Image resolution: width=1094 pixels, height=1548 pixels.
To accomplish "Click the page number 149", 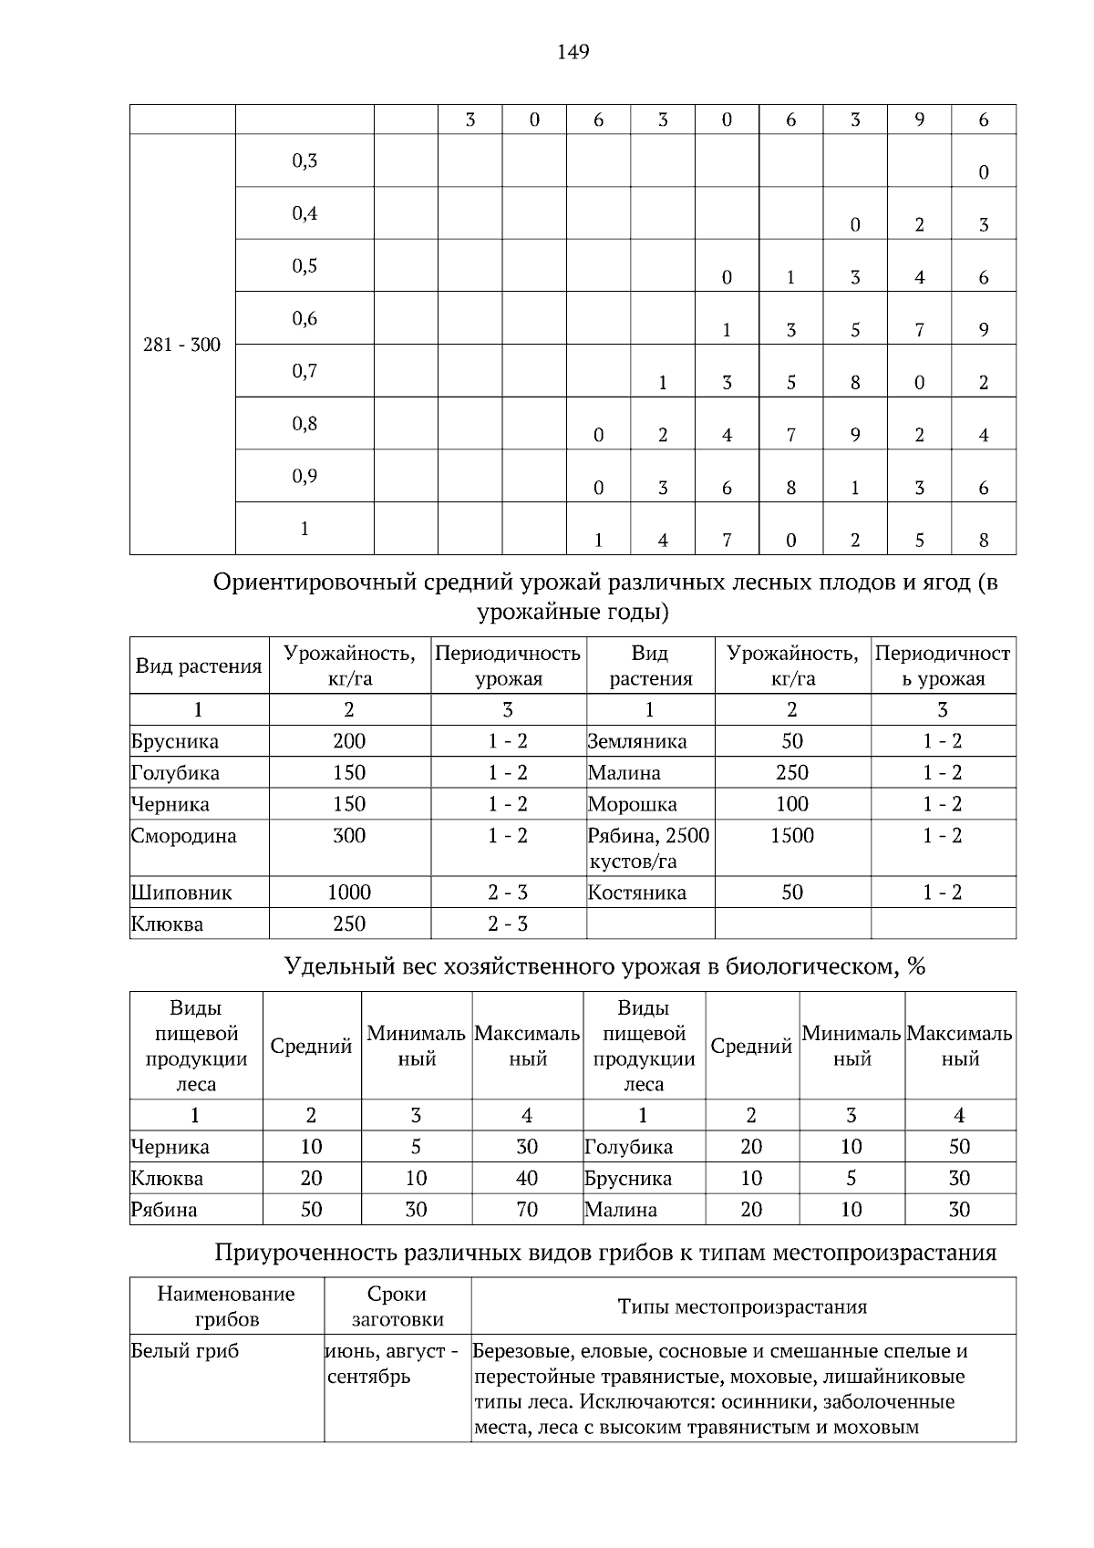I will point(573,52).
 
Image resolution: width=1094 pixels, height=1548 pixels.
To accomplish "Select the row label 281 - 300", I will point(181,346).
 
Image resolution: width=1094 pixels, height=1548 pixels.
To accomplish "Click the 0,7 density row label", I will point(304,371).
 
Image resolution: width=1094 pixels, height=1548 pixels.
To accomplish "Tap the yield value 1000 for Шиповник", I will point(349,893).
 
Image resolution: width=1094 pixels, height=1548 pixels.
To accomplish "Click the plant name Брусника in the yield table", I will point(174,741).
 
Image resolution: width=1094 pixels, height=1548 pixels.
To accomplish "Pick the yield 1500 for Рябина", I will point(791,836).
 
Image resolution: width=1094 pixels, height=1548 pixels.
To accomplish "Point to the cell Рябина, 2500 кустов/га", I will point(648,848).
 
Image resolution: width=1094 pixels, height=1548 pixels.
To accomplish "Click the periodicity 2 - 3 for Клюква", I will point(507,924).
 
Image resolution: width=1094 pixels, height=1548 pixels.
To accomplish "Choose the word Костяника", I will point(636,893).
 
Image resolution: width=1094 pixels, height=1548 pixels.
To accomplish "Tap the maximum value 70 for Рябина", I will point(526,1210).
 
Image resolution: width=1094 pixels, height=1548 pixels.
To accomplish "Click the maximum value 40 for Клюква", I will point(526,1178).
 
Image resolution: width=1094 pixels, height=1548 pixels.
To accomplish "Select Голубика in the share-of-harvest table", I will point(628,1147).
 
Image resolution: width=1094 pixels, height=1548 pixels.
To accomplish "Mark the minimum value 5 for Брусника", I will point(851,1178).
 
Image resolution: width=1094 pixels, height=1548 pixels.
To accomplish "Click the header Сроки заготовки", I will point(397,1306).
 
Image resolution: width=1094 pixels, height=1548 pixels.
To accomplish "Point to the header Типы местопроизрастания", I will point(742,1306).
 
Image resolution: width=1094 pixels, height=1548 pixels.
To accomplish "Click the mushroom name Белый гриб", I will point(185,1351).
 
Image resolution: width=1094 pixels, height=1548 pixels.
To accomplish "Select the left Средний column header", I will point(311,1047).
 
